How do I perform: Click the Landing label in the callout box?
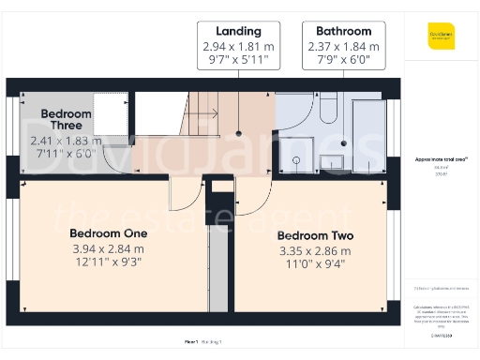[x=238, y=30]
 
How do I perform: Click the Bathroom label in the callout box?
[x=343, y=30]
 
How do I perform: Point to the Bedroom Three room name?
[x=66, y=120]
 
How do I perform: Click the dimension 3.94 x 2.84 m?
[x=109, y=248]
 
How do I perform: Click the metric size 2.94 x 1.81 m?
[x=238, y=46]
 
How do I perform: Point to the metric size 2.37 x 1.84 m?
[x=343, y=46]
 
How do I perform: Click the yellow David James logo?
[x=440, y=38]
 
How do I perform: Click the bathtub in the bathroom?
[x=367, y=136]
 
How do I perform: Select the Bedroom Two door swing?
[x=251, y=194]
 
